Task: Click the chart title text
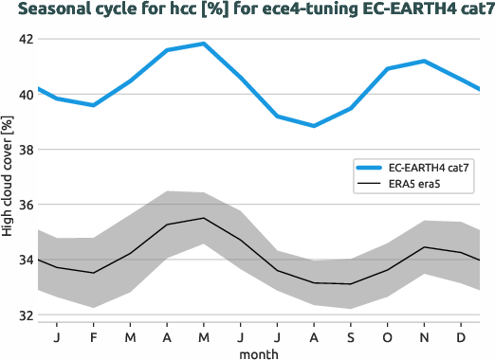247,10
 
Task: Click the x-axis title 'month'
258,352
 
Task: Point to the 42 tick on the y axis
24,40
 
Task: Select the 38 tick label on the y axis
24,150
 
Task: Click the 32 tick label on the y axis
24,315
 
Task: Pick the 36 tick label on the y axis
24,205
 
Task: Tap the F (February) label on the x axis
93,336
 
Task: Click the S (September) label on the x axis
350,336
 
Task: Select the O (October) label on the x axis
387,336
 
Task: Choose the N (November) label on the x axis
424,336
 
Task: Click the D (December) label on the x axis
461,336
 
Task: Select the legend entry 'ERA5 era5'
416,186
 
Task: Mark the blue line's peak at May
203,44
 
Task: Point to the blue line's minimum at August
314,125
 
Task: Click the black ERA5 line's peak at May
203,218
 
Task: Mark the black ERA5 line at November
424,247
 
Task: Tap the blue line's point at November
424,62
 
